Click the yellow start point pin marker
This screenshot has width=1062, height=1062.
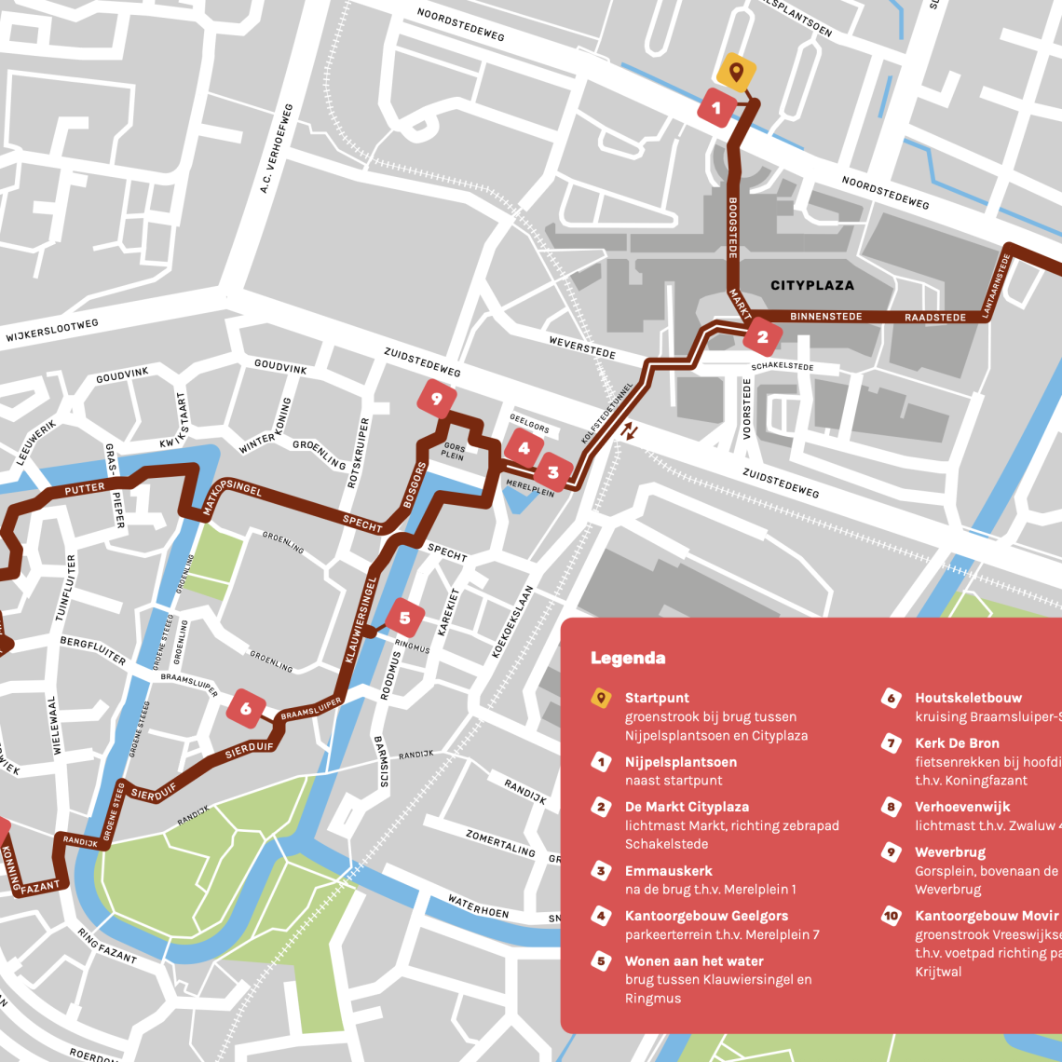736,72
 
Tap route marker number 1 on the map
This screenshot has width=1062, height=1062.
716,108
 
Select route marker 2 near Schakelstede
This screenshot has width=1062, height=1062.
762,337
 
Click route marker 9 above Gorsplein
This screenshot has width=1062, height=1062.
436,399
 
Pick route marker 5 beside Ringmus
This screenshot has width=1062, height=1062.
404,618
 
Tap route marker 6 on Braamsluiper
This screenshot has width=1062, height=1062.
246,709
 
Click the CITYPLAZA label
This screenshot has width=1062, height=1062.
812,285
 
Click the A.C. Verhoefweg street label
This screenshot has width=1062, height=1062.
277,149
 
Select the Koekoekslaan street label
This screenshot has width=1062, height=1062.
514,622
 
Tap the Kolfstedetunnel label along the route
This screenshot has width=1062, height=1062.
607,410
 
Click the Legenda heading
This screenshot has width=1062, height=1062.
628,659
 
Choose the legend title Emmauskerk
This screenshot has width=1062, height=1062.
668,871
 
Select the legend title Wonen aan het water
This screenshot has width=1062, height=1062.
694,960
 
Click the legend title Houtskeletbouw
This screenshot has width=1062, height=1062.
968,698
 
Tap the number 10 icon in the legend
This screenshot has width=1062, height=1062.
891,916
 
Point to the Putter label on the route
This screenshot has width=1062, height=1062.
85,489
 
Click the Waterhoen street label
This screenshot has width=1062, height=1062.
478,906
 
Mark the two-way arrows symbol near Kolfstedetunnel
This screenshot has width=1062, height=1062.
631,430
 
